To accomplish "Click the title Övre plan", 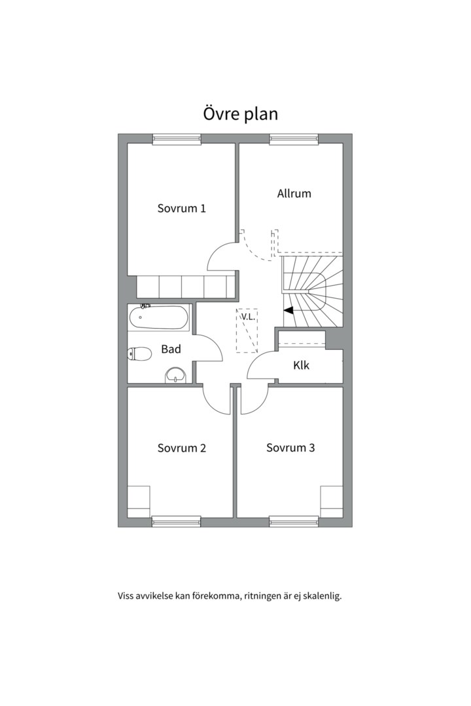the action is coord(240,114).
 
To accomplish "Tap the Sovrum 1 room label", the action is coord(182,209).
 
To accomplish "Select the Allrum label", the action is coord(294,193).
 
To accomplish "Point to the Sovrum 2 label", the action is coord(182,448).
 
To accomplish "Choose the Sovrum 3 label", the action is coord(290,448).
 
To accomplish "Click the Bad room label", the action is coord(171,349).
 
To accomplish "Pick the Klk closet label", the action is coord(301,365).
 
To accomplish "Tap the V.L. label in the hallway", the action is coord(248,316).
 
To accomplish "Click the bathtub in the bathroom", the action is coord(158,318).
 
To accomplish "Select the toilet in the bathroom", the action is coord(139,354).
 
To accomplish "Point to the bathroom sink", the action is coord(175,375).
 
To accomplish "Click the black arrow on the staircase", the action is coord(288,310).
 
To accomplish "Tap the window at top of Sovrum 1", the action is coord(176,140).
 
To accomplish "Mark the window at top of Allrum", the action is coord(294,140).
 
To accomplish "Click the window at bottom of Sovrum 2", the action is coord(176,522).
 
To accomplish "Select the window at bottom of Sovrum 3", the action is coord(294,522).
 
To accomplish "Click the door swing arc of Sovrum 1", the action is coord(215,250).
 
